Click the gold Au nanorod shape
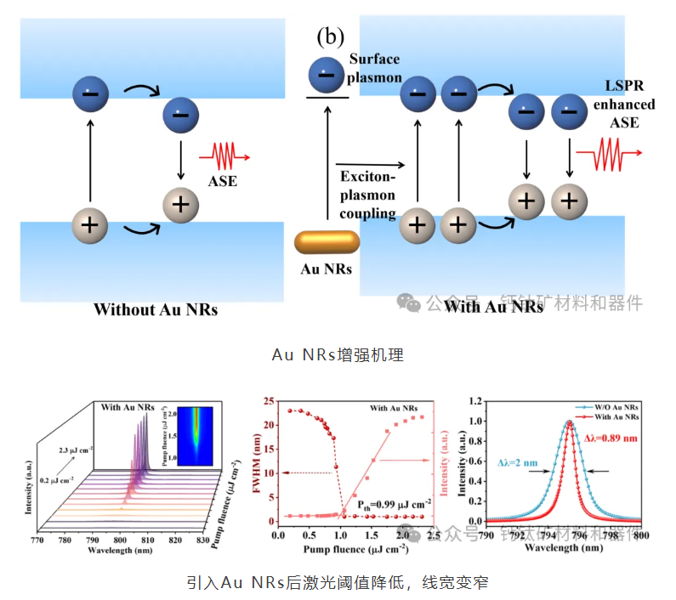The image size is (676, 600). pos(327,244)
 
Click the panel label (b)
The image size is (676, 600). pos(330,37)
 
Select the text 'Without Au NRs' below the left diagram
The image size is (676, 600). pos(156,309)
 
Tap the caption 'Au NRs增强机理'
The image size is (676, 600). pos(338,354)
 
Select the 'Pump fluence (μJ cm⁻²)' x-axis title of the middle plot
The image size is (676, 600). pos(340,548)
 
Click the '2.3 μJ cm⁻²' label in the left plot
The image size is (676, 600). pos(77,445)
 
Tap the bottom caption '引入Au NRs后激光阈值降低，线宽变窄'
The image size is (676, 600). pos(338,583)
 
